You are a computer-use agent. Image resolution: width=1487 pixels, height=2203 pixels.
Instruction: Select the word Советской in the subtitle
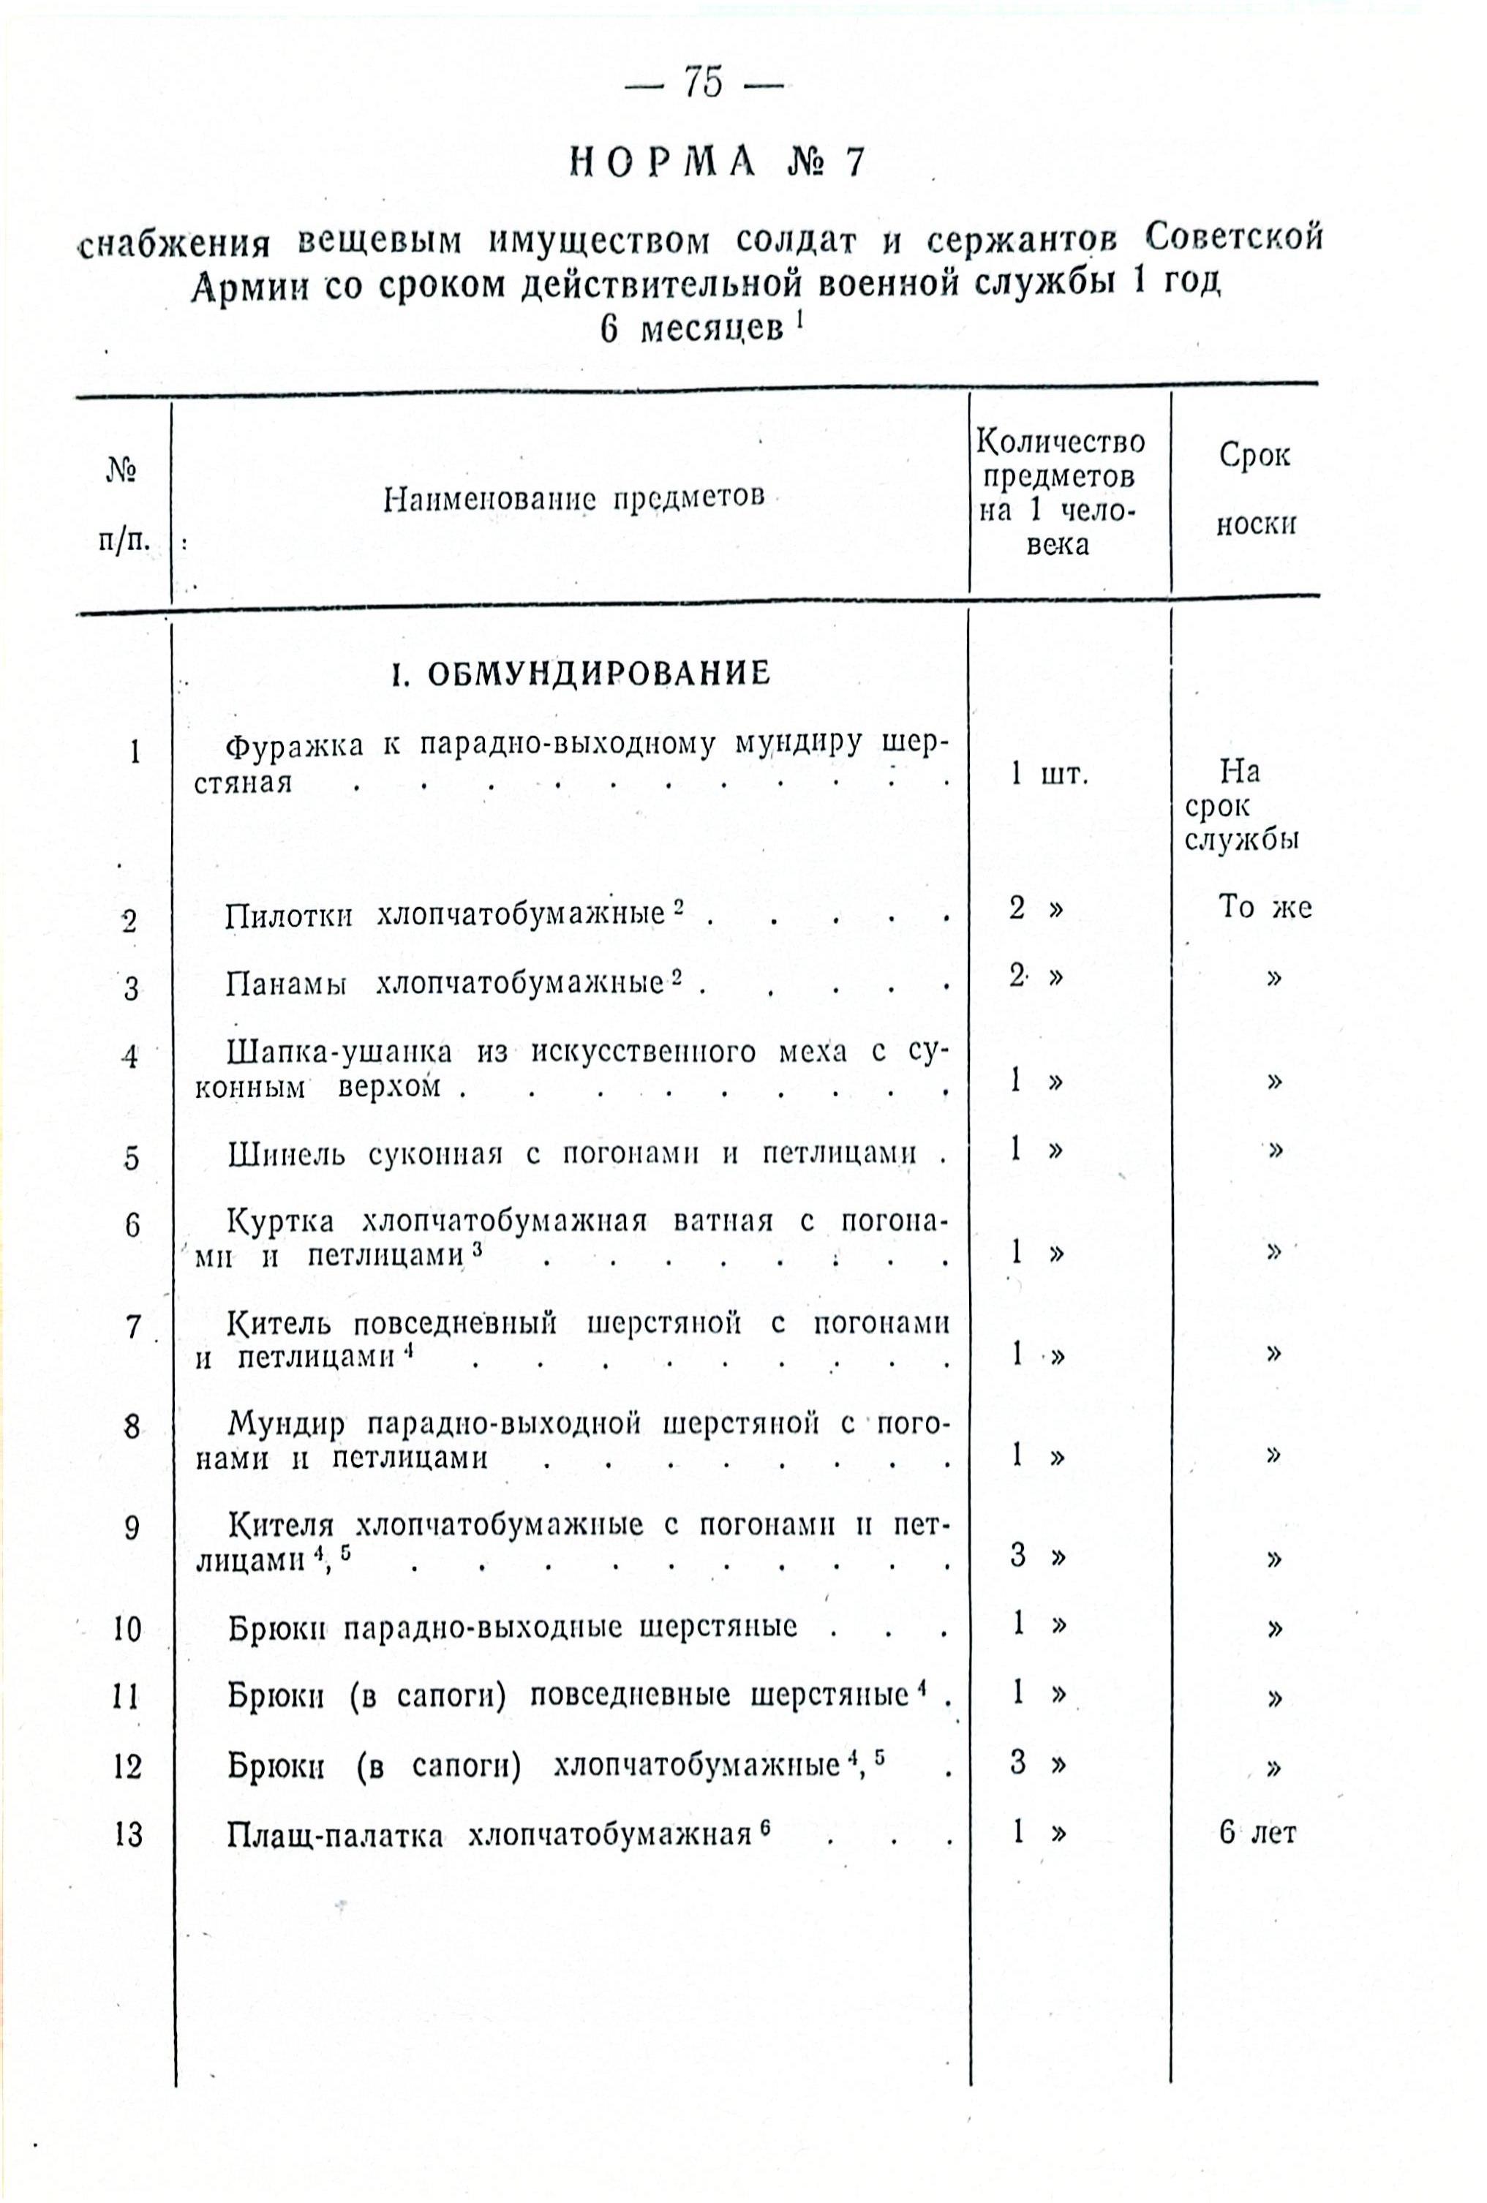[x=1233, y=237]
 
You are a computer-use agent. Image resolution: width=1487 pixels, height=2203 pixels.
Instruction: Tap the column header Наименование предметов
[x=573, y=497]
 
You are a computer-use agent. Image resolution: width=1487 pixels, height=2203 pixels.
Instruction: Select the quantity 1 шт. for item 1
[x=1049, y=775]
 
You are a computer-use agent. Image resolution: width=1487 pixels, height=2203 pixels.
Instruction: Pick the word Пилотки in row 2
[x=289, y=916]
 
